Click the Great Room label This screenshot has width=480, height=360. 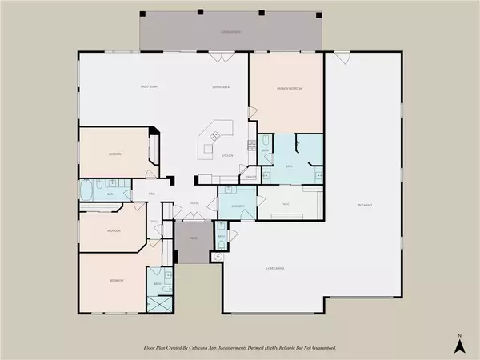[x=148, y=86]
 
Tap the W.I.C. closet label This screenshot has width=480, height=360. [x=286, y=204]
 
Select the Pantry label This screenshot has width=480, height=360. [x=250, y=175]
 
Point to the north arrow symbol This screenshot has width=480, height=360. [x=458, y=343]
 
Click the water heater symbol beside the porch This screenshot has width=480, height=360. [x=215, y=256]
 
